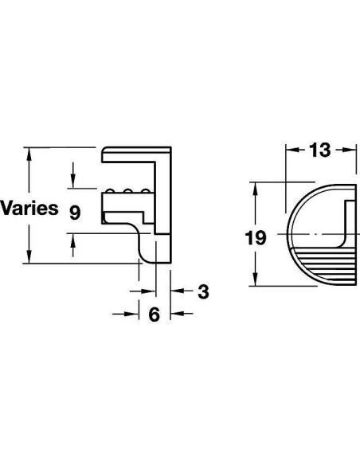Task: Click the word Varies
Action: [29, 209]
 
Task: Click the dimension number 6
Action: [155, 315]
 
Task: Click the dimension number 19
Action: [255, 237]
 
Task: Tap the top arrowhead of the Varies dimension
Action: [29, 154]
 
